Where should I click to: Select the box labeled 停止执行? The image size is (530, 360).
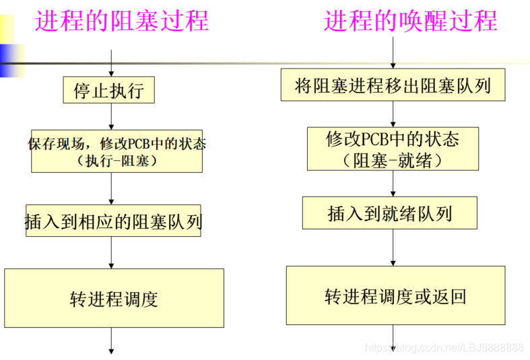pos(108,90)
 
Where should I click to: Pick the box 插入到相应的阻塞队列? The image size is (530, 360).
pos(113,221)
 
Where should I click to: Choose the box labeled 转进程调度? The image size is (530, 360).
pos(114,298)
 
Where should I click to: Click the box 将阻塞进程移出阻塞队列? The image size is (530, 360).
pos(393,86)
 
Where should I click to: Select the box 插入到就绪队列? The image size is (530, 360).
pos(390,213)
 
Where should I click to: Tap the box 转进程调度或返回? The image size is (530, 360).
pos(395,297)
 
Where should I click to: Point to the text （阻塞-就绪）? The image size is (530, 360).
pos(393,159)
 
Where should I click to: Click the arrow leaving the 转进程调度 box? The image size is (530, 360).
pos(111,340)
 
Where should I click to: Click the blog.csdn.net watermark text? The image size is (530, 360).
pos(444,348)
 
